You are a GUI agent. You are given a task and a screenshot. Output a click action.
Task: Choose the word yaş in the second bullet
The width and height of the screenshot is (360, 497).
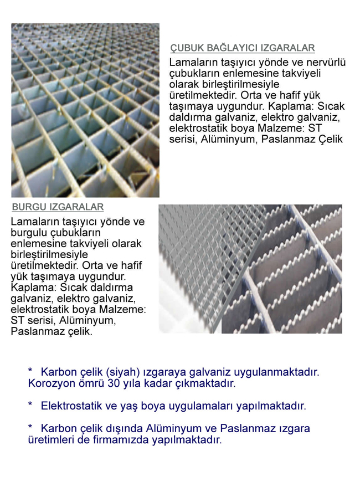(128, 406)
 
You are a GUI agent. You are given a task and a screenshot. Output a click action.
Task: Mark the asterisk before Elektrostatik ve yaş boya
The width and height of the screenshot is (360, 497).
(30, 405)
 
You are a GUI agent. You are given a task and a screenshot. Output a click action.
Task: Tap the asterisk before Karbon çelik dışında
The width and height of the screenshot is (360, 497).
(30, 428)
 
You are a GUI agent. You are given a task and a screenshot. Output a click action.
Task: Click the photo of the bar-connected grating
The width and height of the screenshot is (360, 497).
(85, 110)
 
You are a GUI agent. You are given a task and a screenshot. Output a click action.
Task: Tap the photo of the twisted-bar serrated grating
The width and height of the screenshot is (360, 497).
(250, 269)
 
